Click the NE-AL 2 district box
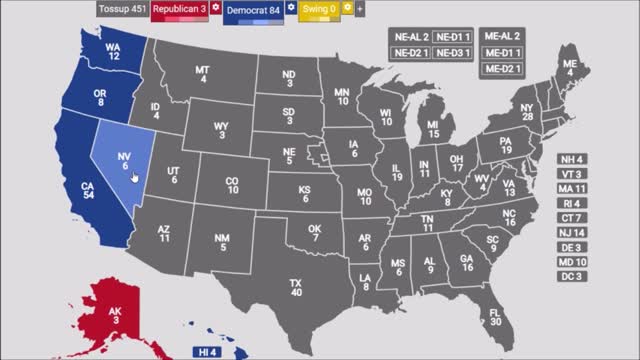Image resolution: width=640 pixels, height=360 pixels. [x=411, y=37]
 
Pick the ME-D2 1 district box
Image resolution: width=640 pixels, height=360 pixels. [x=504, y=68]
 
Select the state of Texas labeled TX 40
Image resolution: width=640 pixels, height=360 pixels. [x=296, y=287]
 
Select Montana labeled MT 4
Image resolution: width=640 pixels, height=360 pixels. [x=203, y=74]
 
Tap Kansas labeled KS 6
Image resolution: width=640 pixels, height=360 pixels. [x=304, y=194]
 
